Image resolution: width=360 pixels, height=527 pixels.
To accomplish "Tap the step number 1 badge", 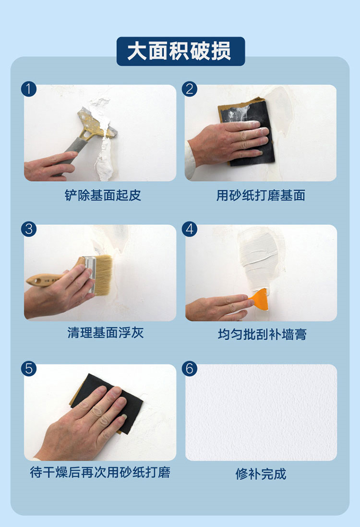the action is pos(28,89).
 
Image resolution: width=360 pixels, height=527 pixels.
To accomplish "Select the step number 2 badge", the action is pos(190,89).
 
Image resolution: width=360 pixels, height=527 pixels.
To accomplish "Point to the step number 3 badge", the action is pos(28,229).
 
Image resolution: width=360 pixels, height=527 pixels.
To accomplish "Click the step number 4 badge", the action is pos(190,229).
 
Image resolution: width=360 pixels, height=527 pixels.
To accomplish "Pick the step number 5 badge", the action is pos(28,368).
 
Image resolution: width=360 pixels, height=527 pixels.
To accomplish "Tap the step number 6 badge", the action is pos(190,368).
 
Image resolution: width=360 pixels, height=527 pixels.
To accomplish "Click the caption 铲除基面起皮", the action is pos(103,195).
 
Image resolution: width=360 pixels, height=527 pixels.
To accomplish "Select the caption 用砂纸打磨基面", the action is pos(261,195).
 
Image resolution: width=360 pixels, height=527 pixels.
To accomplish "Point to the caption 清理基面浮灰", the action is pos(106,333).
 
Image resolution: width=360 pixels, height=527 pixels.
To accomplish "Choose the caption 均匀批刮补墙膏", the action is pos(262,334).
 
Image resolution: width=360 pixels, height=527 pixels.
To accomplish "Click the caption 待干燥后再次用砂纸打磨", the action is pos(100,472).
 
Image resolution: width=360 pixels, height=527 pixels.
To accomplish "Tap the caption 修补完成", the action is pos(261,474).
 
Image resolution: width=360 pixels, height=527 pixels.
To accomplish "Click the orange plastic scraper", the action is pos(260,299).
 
